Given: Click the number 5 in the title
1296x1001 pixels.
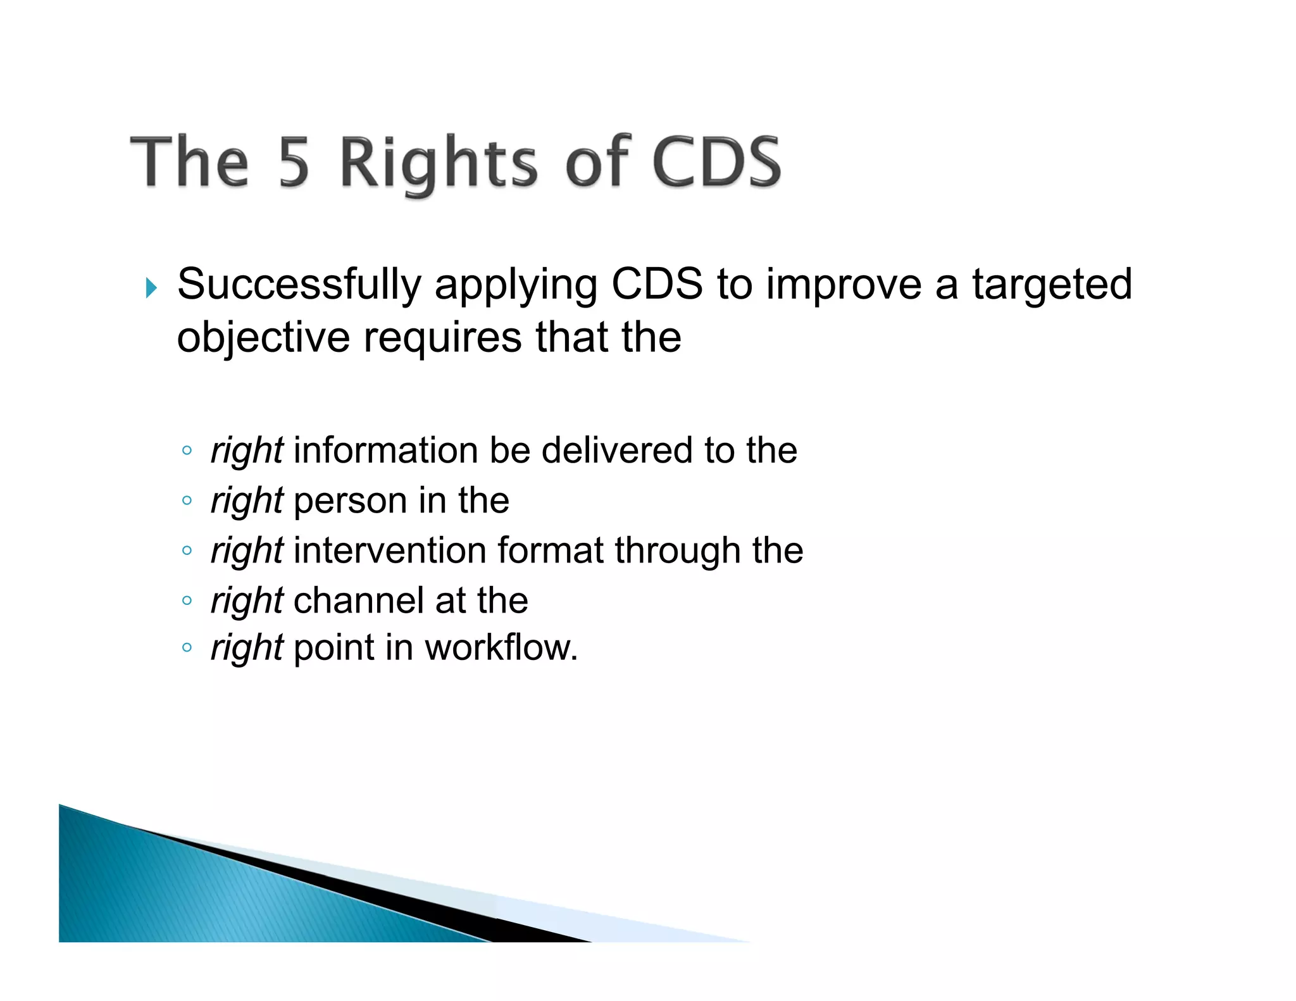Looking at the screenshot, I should point(294,163).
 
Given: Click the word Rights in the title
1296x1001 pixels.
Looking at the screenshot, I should point(439,163).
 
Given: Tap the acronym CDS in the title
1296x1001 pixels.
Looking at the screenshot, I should point(716,163).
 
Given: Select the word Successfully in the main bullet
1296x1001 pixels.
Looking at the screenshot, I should point(299,285).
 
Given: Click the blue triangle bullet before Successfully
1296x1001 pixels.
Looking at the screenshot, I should point(151,288).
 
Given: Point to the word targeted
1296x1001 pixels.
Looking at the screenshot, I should point(1052,285).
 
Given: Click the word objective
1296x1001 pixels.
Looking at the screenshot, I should point(263,337).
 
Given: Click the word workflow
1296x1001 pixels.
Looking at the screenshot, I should point(500,648).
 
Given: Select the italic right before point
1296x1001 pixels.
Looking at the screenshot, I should point(247,649).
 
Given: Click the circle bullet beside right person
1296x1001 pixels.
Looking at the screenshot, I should point(186,500).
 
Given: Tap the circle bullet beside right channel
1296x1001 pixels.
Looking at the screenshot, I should point(186,600).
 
